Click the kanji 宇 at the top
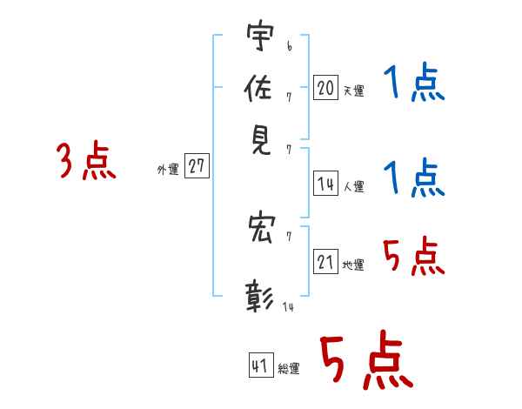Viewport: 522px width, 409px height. [260, 35]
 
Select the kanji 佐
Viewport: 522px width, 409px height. [258, 88]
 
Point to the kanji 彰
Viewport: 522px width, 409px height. [259, 297]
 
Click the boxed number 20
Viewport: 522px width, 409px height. [325, 87]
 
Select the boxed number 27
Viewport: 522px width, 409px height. [197, 165]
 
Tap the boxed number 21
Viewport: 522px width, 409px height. [325, 261]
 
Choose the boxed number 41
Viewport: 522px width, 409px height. [261, 365]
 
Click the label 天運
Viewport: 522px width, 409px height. [354, 91]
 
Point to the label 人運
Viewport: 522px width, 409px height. [354, 186]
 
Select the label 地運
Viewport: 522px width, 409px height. [353, 265]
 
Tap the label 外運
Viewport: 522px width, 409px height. [168, 170]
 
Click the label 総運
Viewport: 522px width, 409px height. [289, 368]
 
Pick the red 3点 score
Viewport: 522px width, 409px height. [86, 160]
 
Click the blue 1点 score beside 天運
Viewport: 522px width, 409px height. [414, 82]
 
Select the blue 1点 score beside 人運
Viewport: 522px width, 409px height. [414, 178]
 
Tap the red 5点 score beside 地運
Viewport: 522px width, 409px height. [414, 256]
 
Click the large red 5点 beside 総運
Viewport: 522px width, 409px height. [366, 360]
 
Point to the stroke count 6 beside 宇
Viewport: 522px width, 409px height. [290, 46]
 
